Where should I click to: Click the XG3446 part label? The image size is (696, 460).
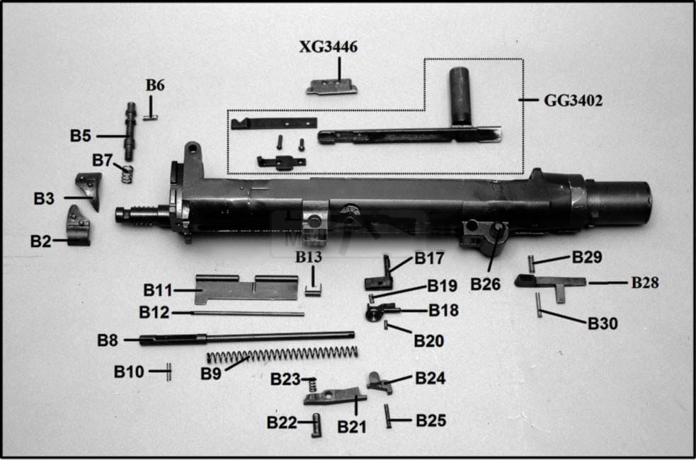[x=328, y=47]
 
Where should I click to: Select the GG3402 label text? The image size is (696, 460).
[x=573, y=100]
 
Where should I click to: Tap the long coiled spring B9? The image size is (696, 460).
[x=283, y=354]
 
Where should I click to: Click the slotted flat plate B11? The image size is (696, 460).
[x=244, y=288]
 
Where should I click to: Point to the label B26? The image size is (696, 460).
[x=486, y=284]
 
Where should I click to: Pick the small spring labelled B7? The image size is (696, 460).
[x=126, y=173]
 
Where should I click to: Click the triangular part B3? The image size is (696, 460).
[x=89, y=190]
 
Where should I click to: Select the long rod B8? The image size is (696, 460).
[x=248, y=337]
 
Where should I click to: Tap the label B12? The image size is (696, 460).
[x=154, y=312]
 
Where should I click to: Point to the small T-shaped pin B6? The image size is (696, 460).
[x=151, y=110]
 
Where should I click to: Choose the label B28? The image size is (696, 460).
[x=644, y=282]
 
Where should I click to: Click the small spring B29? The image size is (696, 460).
[x=531, y=263]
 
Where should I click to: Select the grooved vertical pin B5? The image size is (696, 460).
[x=130, y=131]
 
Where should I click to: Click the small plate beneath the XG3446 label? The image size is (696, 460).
[x=331, y=86]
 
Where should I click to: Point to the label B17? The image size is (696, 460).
[x=429, y=258]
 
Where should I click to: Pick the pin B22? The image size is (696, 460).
[x=316, y=424]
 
